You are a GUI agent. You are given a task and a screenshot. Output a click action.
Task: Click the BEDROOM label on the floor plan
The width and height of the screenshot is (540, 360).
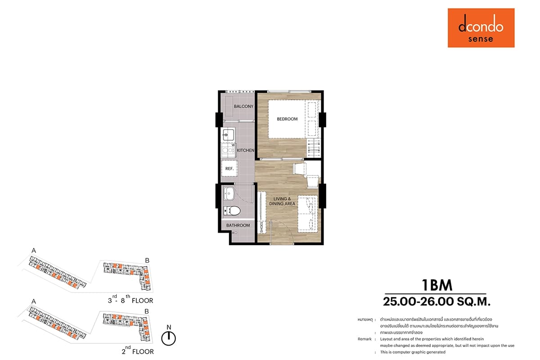(x=287, y=119)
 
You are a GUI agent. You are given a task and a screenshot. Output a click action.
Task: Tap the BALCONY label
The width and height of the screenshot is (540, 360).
(x=243, y=106)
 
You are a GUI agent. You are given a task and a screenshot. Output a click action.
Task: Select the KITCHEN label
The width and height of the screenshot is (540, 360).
(x=245, y=150)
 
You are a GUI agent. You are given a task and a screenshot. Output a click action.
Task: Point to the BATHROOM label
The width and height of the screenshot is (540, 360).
(x=238, y=225)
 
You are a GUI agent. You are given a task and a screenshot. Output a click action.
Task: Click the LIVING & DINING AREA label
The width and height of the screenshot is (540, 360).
(x=282, y=201)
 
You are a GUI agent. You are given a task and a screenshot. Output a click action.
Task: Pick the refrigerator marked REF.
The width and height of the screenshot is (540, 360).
(x=229, y=168)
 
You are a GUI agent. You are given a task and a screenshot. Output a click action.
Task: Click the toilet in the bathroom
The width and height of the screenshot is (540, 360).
(x=232, y=211)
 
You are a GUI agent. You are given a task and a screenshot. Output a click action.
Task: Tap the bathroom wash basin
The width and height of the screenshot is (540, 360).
(x=229, y=193)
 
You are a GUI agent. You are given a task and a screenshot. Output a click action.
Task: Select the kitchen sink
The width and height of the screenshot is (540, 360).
(x=228, y=135)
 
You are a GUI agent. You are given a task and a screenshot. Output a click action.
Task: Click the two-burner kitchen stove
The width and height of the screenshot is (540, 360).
(x=228, y=150)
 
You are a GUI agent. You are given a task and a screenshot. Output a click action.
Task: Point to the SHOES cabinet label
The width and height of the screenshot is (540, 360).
(x=261, y=227)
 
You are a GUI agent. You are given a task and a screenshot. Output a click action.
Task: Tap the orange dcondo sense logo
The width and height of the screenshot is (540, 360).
(x=481, y=28)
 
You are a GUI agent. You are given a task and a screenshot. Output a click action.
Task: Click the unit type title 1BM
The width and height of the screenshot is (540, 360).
(x=437, y=285)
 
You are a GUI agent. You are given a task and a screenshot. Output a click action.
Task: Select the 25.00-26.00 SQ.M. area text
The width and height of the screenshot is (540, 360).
(x=436, y=301)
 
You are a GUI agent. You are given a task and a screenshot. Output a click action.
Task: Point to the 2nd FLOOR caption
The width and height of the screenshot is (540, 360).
(x=138, y=351)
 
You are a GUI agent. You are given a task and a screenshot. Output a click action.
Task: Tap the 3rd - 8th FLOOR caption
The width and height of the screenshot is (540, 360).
(x=130, y=299)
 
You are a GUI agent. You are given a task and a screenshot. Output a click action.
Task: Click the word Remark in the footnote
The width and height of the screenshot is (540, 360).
(x=364, y=339)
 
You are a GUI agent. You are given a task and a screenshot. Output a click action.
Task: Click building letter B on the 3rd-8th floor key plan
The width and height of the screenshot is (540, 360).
(x=147, y=261)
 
